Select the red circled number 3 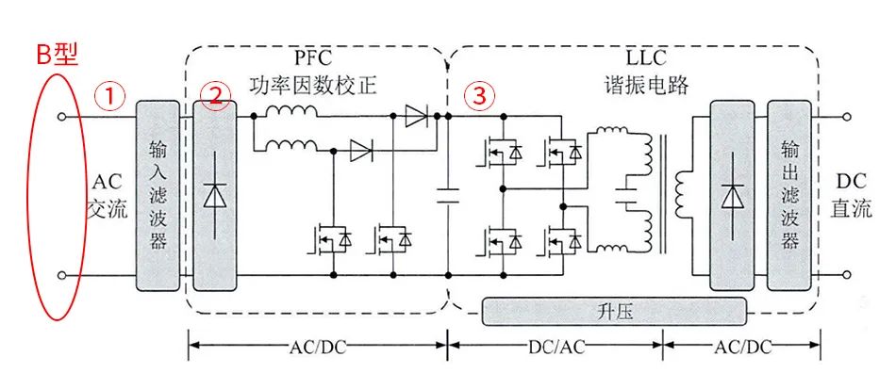[x=480, y=96]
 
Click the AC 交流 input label [x=105, y=196]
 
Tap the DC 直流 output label [x=852, y=196]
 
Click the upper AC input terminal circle [x=62, y=117]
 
